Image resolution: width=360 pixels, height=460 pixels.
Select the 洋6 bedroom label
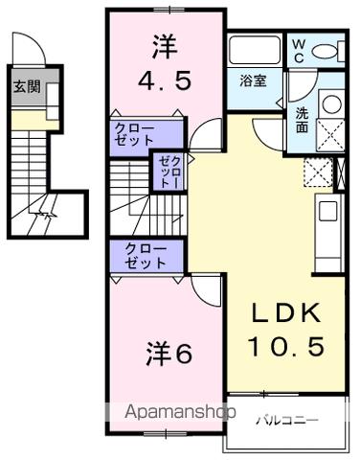(170, 353)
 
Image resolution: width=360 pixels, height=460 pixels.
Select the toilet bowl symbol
(326, 50)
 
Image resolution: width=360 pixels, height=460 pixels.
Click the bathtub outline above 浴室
(254, 51)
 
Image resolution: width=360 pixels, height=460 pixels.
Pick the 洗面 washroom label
(302, 118)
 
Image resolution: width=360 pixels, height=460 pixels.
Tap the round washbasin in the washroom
(329, 103)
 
